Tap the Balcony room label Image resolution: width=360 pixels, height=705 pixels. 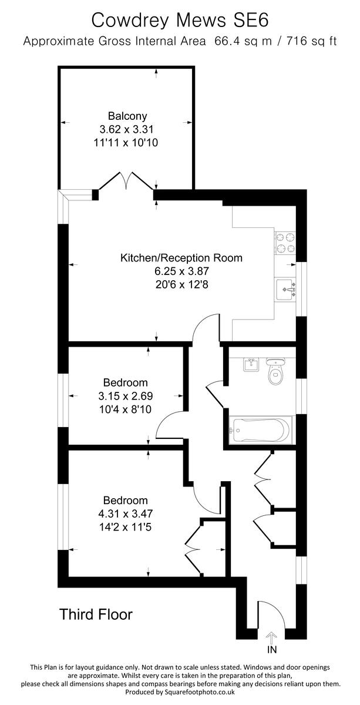click(127, 116)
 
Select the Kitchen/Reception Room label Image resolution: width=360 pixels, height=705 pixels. click(181, 258)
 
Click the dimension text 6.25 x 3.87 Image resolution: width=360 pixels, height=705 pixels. click(181, 271)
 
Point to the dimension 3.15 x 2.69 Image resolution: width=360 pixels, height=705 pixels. click(125, 396)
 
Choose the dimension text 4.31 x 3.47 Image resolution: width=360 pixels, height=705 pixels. click(125, 514)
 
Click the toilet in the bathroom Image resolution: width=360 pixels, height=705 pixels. click(275, 371)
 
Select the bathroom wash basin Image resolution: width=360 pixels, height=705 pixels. click(250, 364)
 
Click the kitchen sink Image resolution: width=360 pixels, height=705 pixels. click(287, 289)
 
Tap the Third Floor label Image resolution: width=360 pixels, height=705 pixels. click(96, 615)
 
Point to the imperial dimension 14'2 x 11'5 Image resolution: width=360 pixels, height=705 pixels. click(125, 527)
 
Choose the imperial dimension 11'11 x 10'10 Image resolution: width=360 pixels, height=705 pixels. click(127, 142)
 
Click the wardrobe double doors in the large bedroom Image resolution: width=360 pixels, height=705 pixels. click(193, 545)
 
